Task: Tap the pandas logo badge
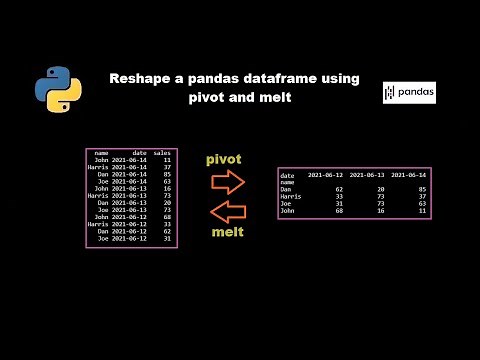pyautogui.click(x=409, y=93)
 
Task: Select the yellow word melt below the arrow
pyautogui.click(x=227, y=232)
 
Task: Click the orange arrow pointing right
pyautogui.click(x=229, y=182)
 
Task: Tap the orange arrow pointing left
pyautogui.click(x=229, y=211)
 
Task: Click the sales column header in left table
pyautogui.click(x=163, y=153)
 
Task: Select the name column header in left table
pyautogui.click(x=101, y=153)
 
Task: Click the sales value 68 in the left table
pyautogui.click(x=167, y=216)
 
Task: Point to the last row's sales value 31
pyautogui.click(x=167, y=237)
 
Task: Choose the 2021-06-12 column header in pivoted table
pyautogui.click(x=326, y=175)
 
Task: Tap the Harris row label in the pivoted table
pyautogui.click(x=292, y=196)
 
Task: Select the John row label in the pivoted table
pyautogui.click(x=289, y=210)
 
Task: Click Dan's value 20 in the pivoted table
pyautogui.click(x=381, y=189)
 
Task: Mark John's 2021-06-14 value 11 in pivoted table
pyautogui.click(x=421, y=210)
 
